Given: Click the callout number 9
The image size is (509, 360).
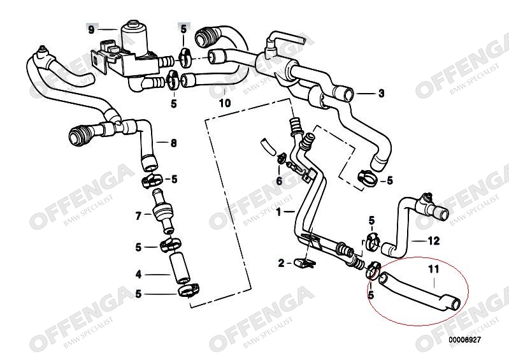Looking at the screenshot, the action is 91,30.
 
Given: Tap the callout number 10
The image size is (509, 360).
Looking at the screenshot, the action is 225,103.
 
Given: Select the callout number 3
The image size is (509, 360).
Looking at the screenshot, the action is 381,94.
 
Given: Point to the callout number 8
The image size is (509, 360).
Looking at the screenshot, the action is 174,143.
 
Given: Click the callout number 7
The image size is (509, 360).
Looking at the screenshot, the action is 139,215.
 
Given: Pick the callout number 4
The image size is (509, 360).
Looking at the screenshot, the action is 139,275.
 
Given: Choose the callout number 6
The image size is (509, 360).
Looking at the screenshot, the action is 280,181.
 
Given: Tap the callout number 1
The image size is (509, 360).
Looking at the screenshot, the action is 278,213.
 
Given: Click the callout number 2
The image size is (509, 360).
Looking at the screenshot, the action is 281,263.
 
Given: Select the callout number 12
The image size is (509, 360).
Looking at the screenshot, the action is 434,241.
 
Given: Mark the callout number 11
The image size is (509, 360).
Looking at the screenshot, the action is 434,269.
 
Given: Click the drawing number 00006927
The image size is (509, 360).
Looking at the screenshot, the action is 464,340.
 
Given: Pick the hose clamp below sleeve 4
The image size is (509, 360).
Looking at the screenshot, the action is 189,290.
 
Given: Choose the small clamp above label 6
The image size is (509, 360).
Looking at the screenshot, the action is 281,159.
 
